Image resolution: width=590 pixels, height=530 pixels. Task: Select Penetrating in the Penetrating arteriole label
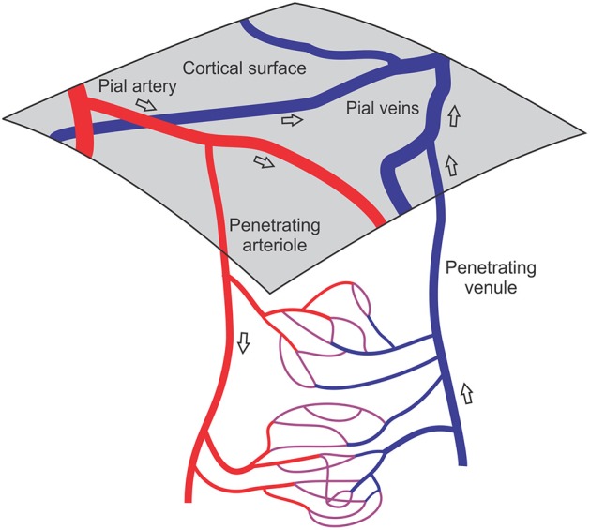coord(272,225)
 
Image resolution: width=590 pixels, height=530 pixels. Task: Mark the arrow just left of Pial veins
coord(294,122)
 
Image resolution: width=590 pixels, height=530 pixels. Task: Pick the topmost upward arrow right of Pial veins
coord(456,117)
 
